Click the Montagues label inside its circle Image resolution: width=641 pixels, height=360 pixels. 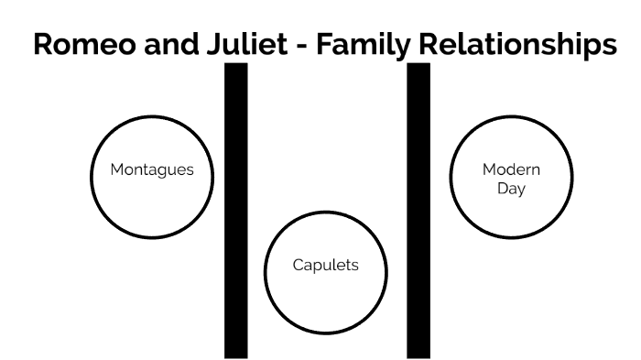[x=152, y=170]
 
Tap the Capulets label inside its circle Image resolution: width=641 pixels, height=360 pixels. [x=326, y=266]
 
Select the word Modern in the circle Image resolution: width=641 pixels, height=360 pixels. [x=512, y=170]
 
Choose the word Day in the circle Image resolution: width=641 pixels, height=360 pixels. [x=512, y=190]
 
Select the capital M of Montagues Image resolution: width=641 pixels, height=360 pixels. [x=116, y=170]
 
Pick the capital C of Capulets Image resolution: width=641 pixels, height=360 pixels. [x=298, y=266]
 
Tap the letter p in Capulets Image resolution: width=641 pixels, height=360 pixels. [x=317, y=267]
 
